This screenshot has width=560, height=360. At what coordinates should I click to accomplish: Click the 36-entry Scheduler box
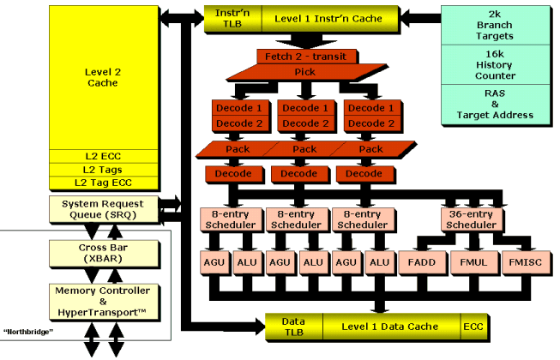coord(471,219)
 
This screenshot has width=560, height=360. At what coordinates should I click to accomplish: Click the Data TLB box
coord(293,326)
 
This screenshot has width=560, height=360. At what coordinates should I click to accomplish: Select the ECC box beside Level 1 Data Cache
coord(473,326)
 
